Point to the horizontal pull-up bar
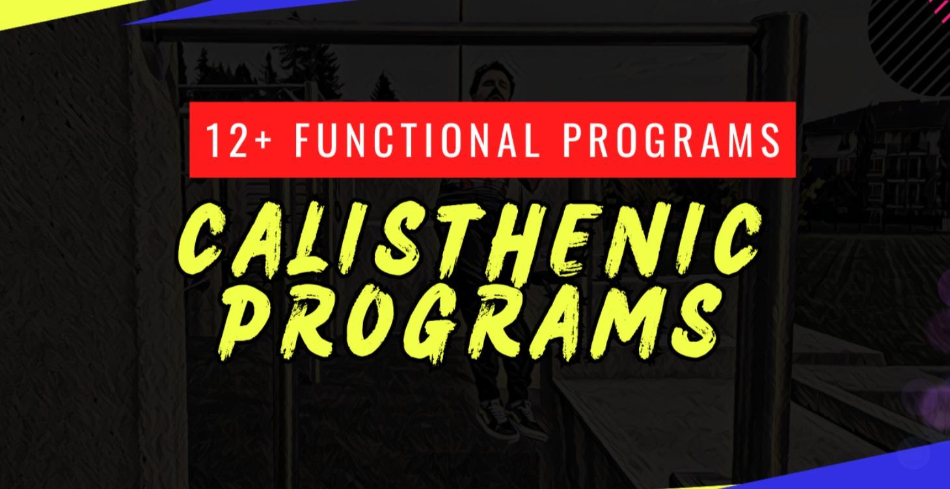pyautogui.click(x=455, y=32)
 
